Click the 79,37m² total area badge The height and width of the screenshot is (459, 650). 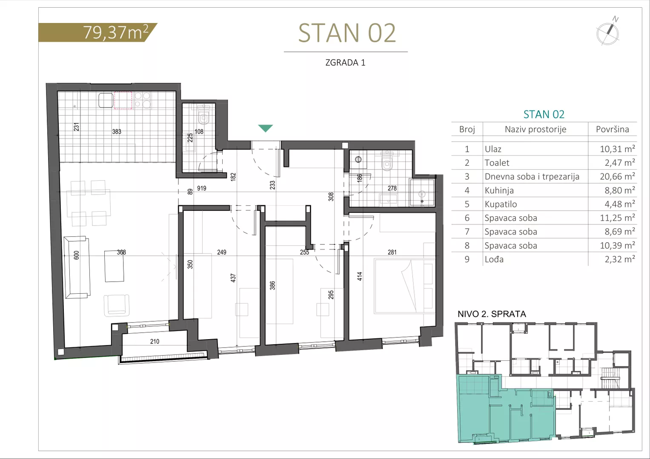97,32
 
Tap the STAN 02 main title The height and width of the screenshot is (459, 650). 347,33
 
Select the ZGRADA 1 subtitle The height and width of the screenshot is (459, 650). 345,62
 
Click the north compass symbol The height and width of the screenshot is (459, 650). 607,31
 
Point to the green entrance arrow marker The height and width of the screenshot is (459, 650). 266,128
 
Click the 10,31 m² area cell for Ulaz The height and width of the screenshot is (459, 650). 617,149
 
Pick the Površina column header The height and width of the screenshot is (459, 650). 612,129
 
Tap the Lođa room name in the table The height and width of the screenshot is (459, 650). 494,259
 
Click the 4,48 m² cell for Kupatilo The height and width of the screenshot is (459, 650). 619,204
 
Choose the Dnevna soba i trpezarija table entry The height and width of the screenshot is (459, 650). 532,176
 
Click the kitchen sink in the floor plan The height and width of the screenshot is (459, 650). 106,100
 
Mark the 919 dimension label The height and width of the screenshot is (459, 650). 202,188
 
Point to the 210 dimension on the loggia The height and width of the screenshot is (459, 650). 155,341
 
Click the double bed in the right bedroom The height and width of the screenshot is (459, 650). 404,286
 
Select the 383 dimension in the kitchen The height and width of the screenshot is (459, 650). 117,132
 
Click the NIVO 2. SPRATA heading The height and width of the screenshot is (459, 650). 492,314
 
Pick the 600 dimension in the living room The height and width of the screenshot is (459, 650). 76,255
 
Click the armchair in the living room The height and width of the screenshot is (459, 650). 117,306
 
